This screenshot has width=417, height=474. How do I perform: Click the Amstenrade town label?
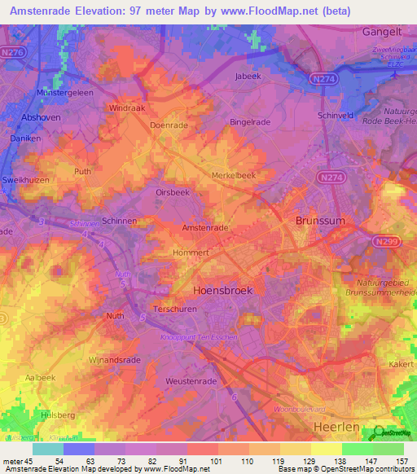204,228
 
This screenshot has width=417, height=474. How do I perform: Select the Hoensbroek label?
223,290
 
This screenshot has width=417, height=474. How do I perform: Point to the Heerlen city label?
336,426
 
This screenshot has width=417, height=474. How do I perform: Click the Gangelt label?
382,31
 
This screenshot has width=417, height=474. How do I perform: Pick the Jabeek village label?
247,77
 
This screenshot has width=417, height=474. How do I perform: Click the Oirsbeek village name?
173,192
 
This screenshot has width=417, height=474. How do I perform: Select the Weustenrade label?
191,381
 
